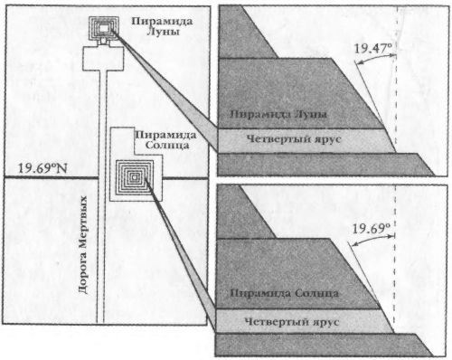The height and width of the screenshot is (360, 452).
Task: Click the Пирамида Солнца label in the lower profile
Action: pos(284,295)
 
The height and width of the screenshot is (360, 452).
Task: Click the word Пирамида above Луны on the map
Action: pos(160,20)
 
